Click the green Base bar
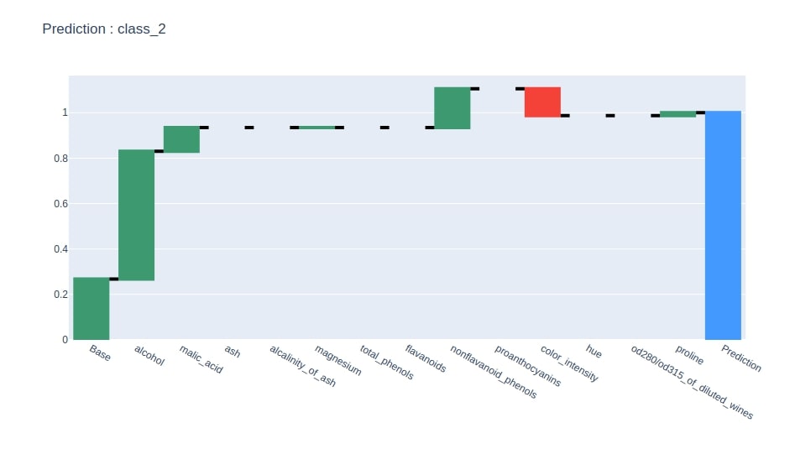click(91, 308)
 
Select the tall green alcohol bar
click(136, 215)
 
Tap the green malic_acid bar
click(181, 139)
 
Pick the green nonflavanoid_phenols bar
click(452, 108)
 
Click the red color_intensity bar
click(542, 102)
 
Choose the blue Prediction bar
click(723, 225)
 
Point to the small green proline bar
click(677, 114)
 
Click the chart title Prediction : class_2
click(103, 29)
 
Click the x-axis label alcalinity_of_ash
click(301, 365)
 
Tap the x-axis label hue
click(594, 352)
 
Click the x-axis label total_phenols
click(386, 363)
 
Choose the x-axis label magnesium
click(337, 360)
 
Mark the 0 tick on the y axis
click(64, 340)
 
